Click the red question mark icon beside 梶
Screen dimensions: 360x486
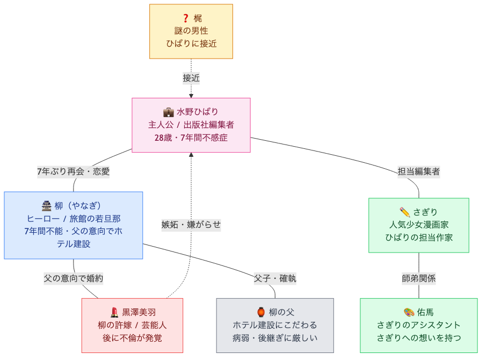186,18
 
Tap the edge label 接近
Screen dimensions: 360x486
191,78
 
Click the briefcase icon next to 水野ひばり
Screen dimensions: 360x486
168,112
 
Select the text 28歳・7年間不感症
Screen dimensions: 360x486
191,138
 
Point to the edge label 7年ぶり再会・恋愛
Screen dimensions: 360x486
73,172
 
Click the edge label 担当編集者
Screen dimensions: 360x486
419,172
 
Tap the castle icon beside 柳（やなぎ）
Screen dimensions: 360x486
46,205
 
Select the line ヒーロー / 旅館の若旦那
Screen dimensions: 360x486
74,218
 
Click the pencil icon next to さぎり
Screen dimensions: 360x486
405,212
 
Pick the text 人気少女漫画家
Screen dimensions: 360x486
419,225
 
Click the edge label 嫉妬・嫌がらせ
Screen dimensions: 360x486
191,225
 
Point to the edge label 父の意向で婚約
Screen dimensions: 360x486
74,278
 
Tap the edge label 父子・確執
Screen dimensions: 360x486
275,278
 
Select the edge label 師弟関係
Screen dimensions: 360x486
419,278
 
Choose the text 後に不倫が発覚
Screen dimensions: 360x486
132,338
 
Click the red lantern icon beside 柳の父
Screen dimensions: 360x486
261,312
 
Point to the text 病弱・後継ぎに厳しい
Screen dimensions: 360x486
275,338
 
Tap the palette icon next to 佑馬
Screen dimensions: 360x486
409,312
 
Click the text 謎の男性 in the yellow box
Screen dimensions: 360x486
191,31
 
